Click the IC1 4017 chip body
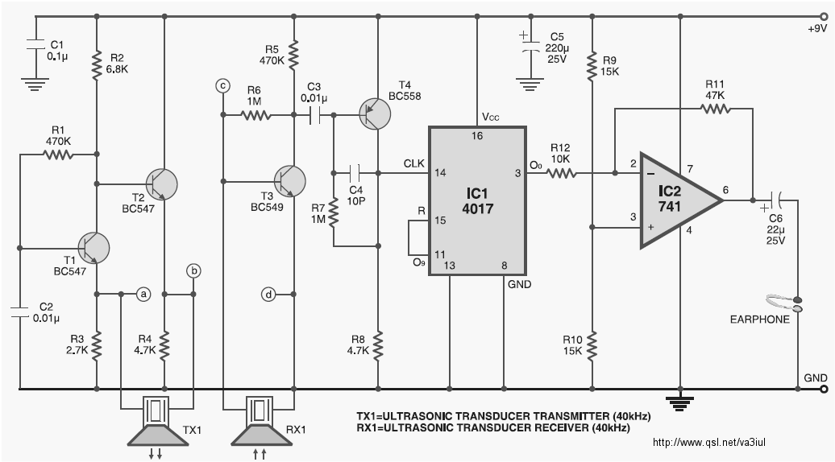click(x=478, y=201)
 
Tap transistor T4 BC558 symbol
click(x=374, y=113)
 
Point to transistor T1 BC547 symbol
click(x=93, y=248)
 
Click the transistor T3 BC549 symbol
click(x=289, y=181)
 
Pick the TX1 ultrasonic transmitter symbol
click(x=158, y=420)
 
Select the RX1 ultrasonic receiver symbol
click(x=261, y=420)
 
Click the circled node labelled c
click(x=223, y=85)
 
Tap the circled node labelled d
click(x=268, y=294)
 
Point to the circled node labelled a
click(x=143, y=294)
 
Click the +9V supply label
click(x=817, y=29)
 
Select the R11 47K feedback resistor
click(x=715, y=109)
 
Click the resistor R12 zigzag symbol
click(x=561, y=173)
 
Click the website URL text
click(x=708, y=443)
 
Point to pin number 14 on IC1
click(x=440, y=172)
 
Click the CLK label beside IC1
click(x=413, y=163)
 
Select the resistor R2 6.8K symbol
click(x=97, y=65)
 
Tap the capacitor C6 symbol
click(x=776, y=200)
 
